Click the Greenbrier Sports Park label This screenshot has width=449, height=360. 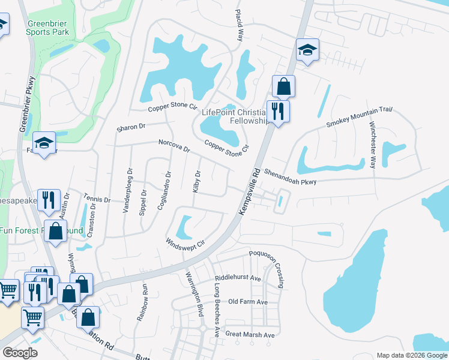[x=48, y=28]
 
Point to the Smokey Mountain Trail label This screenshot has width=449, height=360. [x=358, y=116]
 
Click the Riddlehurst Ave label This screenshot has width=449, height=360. [x=238, y=279]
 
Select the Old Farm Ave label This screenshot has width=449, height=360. [x=247, y=302]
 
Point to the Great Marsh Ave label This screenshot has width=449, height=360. [x=249, y=334]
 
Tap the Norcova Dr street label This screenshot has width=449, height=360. [x=174, y=146]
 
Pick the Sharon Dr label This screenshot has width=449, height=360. [x=131, y=127]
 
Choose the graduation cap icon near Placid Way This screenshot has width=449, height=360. [x=307, y=50]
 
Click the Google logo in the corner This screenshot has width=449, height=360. [x=20, y=353]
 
